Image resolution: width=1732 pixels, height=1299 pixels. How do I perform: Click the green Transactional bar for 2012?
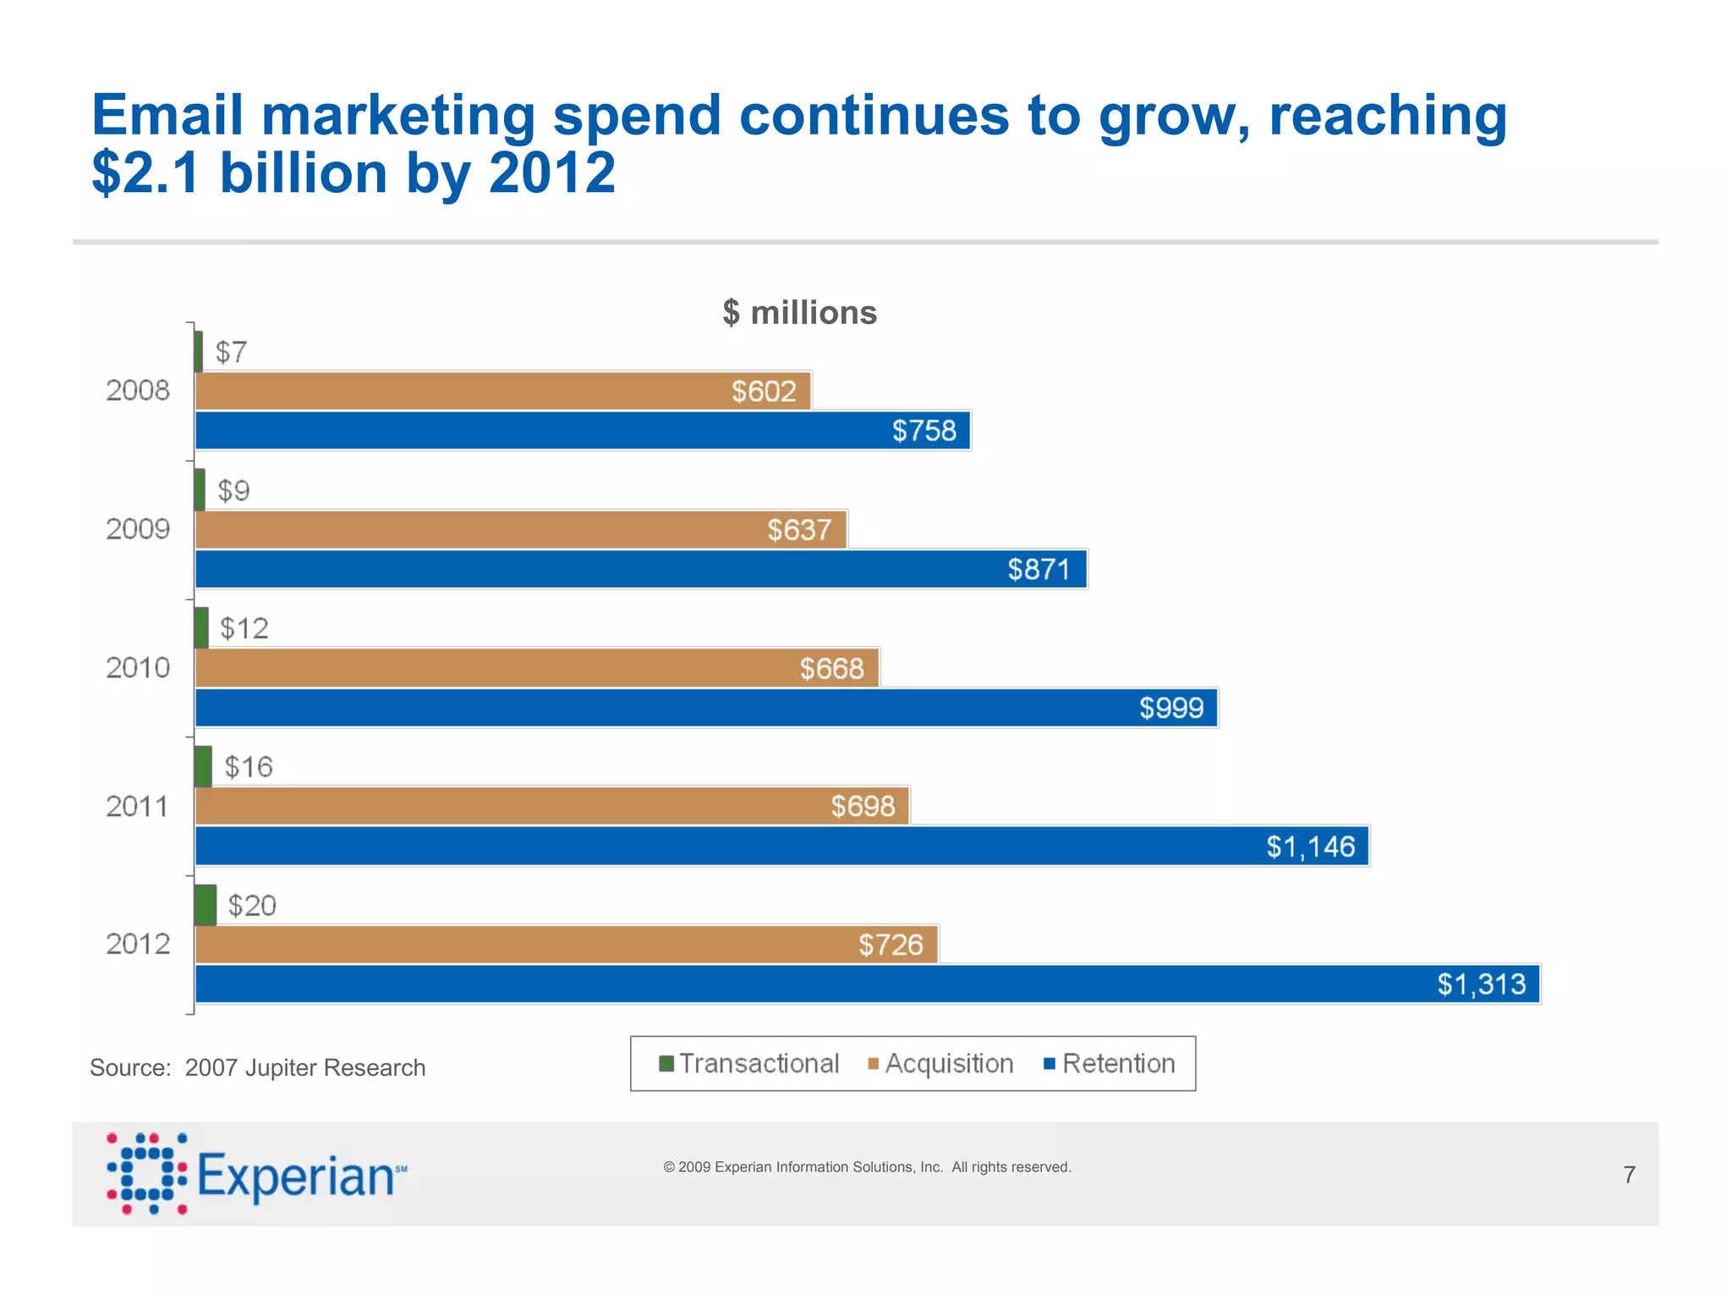point(206,905)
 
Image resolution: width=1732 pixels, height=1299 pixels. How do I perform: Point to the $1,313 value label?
point(1482,984)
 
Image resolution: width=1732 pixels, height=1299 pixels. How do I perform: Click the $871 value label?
point(1039,569)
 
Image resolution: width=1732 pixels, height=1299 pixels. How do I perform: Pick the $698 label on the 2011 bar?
point(863,806)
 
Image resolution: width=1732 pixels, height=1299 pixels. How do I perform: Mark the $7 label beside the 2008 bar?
point(231,352)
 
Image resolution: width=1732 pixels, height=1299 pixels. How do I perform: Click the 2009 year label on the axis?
point(138,529)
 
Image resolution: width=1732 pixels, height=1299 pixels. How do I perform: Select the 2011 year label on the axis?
point(138,806)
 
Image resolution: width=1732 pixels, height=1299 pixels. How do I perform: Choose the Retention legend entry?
point(1110,1064)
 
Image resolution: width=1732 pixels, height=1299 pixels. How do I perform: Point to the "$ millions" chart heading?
point(800,313)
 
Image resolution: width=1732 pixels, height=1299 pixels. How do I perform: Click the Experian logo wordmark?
point(296,1176)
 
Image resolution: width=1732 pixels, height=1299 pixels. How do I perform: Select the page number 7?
point(1629,1175)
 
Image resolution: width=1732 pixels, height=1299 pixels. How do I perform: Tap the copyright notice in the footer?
point(867,1167)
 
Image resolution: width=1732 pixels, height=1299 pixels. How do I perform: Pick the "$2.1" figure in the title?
point(145,173)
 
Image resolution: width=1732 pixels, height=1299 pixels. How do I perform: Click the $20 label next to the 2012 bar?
point(252,906)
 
